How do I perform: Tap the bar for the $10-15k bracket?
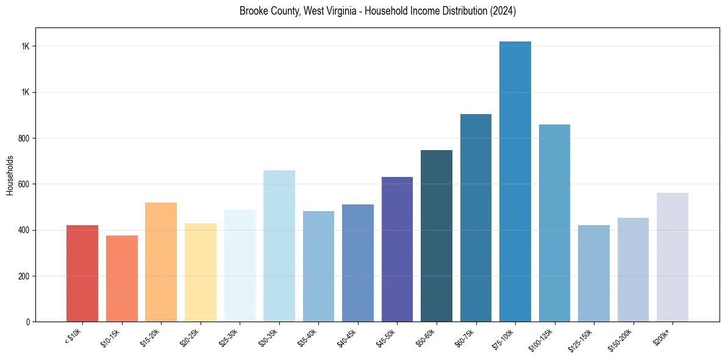(122, 278)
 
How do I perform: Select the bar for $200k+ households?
(673, 257)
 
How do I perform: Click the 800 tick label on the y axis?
(24, 139)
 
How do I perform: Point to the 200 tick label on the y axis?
(24, 276)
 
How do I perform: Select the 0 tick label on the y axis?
(28, 322)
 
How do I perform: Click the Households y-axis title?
(10, 175)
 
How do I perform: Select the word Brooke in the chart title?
(252, 12)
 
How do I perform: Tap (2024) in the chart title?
(504, 12)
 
